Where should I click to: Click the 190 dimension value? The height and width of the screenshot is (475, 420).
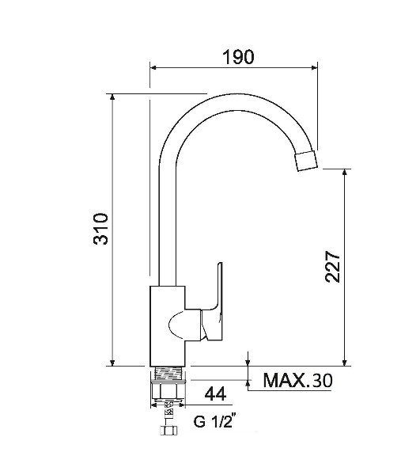point(238,57)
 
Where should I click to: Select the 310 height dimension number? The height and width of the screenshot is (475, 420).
point(100,229)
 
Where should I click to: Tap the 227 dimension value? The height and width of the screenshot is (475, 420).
point(333,266)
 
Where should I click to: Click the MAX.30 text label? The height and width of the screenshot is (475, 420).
point(297,380)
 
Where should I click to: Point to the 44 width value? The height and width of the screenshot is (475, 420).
point(215,394)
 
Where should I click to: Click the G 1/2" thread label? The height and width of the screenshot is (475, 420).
point(214,421)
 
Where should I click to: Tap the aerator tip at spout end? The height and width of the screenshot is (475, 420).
point(306,160)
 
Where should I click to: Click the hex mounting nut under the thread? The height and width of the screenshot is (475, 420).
point(168,391)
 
